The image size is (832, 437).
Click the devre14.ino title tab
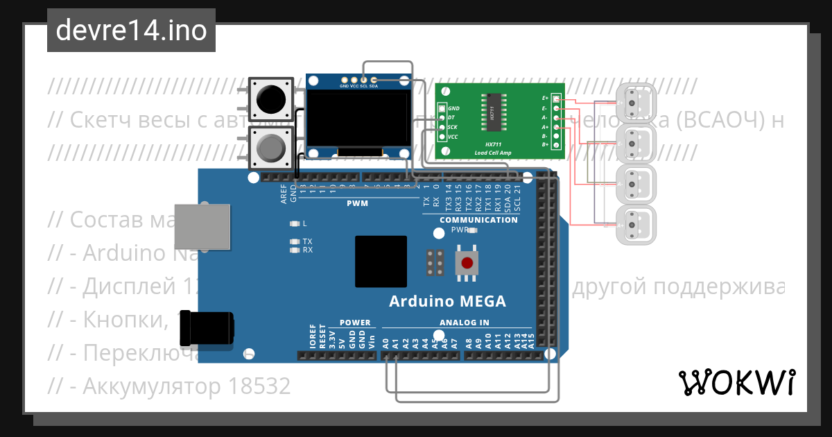click(131, 30)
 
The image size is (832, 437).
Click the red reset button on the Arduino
click(468, 264)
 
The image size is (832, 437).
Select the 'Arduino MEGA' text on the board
click(447, 302)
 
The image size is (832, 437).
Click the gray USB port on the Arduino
click(202, 226)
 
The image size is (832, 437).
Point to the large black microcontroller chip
click(381, 262)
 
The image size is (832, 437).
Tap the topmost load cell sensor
click(634, 105)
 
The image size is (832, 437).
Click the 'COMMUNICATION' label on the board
click(479, 220)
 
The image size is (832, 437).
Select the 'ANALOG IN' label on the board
click(465, 323)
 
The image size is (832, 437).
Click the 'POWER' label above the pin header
click(354, 323)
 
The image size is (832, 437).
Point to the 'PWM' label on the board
click(357, 204)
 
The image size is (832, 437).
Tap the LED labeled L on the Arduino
click(295, 223)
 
